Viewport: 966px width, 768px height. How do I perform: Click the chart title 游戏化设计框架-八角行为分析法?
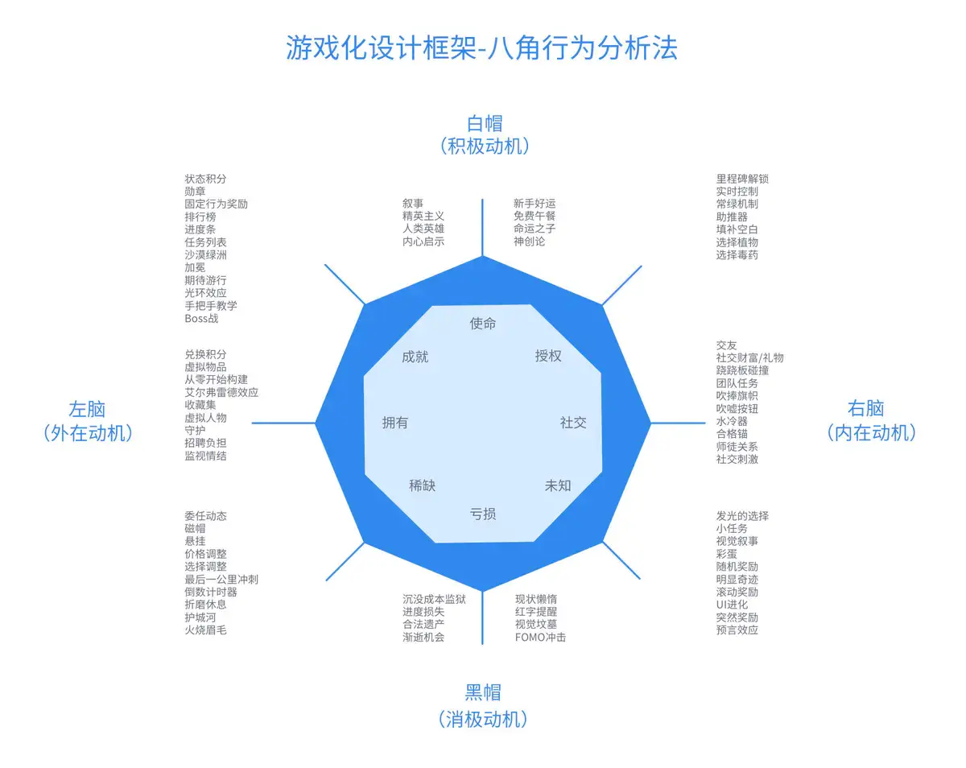tap(482, 48)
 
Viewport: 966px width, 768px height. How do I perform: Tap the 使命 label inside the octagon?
tap(483, 324)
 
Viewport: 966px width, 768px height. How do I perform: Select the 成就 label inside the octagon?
tap(415, 356)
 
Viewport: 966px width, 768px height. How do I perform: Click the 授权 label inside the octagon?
tap(548, 356)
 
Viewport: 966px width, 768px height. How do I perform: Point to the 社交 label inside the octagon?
tap(573, 423)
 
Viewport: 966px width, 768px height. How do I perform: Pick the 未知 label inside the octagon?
tap(558, 485)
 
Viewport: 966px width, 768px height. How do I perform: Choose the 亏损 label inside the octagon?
tap(483, 514)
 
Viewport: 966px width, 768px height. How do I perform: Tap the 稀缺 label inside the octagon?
tap(422, 485)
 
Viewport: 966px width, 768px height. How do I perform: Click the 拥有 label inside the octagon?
tap(395, 423)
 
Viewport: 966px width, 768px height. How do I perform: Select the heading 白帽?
tap(485, 123)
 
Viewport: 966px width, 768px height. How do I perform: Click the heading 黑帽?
tap(483, 692)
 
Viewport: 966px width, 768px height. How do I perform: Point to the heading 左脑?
tap(87, 409)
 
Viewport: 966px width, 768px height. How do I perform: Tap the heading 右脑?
tap(866, 409)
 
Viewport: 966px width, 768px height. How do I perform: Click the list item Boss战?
tap(201, 319)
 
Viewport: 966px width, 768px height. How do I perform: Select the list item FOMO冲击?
tap(540, 637)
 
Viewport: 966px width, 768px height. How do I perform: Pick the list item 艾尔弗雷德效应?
tap(221, 393)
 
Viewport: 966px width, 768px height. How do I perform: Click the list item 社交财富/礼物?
tap(749, 358)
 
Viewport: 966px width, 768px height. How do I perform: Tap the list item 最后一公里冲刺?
tap(221, 580)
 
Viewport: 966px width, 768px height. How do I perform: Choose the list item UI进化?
tap(732, 605)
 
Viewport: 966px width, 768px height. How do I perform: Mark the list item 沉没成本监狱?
tap(434, 599)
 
